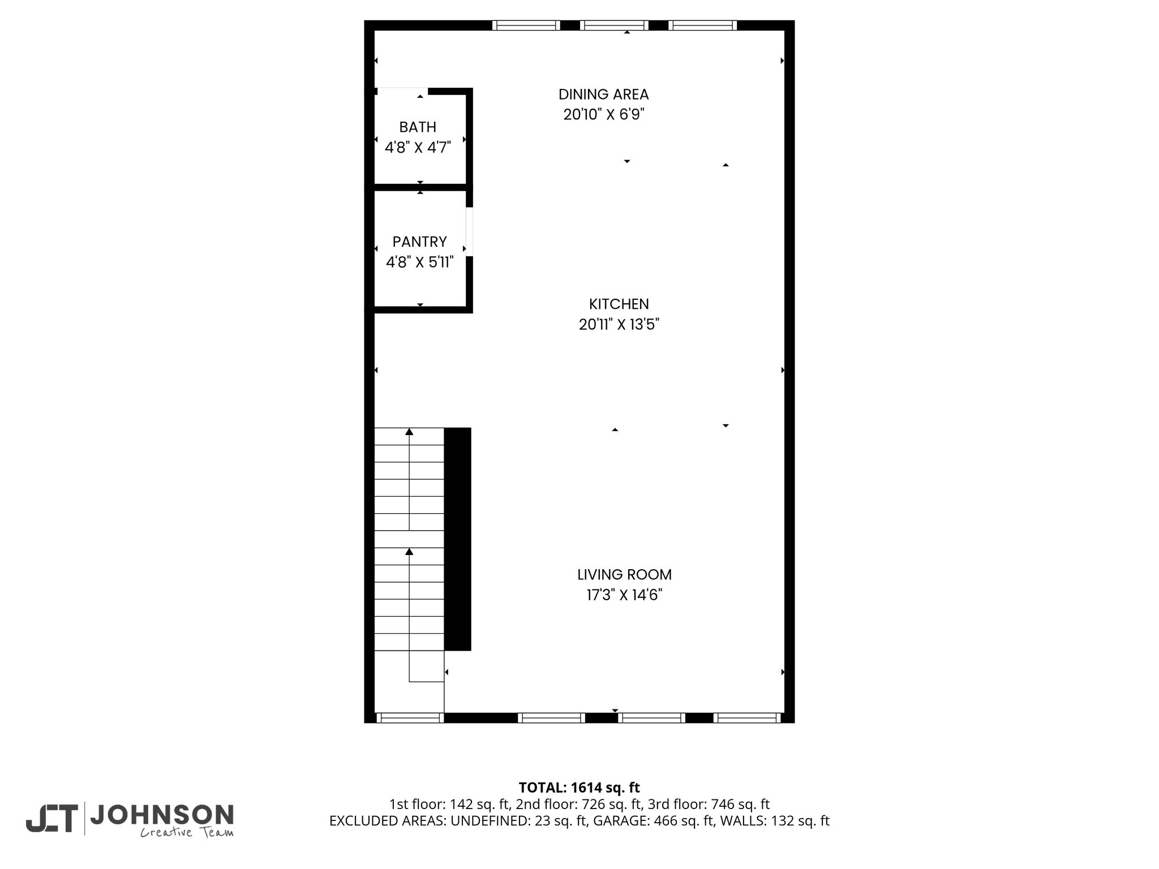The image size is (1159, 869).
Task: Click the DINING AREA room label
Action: (603, 94)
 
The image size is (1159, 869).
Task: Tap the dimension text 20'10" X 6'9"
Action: (604, 115)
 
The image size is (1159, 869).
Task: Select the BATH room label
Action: (418, 127)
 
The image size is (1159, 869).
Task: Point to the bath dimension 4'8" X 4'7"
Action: (418, 148)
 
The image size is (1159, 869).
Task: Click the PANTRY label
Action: (419, 242)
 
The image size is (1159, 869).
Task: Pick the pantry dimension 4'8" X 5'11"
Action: (419, 263)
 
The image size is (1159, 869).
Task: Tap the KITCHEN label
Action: (619, 304)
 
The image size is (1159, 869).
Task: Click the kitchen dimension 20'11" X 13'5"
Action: (619, 325)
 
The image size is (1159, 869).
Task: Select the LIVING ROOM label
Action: (624, 575)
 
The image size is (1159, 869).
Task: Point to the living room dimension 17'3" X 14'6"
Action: (624, 595)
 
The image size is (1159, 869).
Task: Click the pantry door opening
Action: (469, 232)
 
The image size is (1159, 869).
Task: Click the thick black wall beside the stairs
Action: (458, 539)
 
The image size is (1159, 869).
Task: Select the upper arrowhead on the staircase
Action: (409, 432)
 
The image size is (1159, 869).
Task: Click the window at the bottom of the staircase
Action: (410, 718)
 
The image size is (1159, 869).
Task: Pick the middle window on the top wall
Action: (614, 25)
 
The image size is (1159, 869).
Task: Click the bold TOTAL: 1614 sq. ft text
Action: (579, 788)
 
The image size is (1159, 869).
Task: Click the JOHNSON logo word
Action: (162, 815)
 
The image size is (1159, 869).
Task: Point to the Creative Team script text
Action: (187, 832)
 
